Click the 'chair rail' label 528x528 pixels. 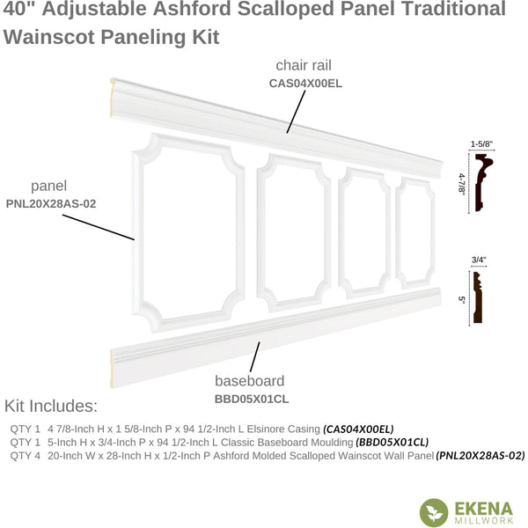304,65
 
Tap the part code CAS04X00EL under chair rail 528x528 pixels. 305,84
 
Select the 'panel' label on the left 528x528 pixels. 48,187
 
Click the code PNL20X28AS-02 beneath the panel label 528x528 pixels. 51,204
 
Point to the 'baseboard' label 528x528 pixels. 250,381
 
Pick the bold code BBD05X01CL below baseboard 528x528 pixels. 252,399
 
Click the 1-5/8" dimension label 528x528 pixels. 481,144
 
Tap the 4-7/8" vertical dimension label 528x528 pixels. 462,183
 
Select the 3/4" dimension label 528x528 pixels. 479,260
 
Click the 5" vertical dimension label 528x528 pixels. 462,299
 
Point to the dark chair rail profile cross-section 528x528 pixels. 483,182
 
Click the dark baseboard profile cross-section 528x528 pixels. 478,297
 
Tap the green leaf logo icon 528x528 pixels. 434,512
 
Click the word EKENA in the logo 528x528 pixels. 484,509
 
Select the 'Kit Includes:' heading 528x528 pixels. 51,406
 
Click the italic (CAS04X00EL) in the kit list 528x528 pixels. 358,429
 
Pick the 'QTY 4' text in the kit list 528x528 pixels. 25,456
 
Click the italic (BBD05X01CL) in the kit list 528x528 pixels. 392,442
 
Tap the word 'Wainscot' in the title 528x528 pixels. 49,37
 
